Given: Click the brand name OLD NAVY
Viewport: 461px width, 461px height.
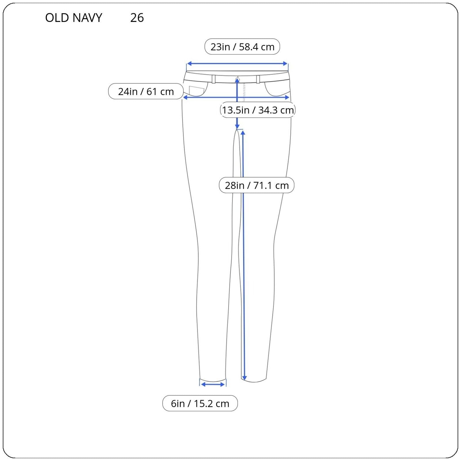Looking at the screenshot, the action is tap(74, 18).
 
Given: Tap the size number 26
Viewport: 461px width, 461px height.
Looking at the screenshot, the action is tap(137, 18).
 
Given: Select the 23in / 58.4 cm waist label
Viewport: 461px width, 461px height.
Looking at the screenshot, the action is tap(242, 47).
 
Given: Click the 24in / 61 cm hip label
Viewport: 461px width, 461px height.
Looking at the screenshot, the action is tap(146, 91).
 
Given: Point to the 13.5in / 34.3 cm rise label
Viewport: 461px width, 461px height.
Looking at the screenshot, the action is tap(258, 110).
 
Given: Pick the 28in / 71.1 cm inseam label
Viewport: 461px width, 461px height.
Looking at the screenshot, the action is tap(257, 185).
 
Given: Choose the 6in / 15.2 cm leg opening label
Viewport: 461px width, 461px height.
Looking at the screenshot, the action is tap(200, 403).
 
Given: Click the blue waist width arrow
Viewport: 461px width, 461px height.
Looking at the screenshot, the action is tap(237, 64).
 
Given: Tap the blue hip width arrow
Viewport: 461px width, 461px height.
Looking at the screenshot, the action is tap(236, 98).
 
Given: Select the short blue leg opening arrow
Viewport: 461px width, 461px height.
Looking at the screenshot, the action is tap(213, 384).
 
